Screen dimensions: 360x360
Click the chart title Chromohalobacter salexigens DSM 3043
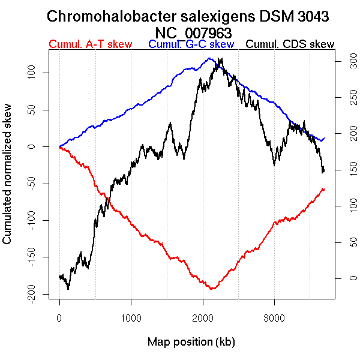point(188,17)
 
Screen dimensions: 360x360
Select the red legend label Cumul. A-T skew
point(90,44)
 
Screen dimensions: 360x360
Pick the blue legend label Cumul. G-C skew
point(191,44)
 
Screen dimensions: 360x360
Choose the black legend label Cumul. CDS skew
point(290,44)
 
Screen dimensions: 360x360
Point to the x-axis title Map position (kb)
point(191,342)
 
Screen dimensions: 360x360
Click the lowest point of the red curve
point(212,289)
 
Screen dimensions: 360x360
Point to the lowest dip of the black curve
point(68,289)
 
